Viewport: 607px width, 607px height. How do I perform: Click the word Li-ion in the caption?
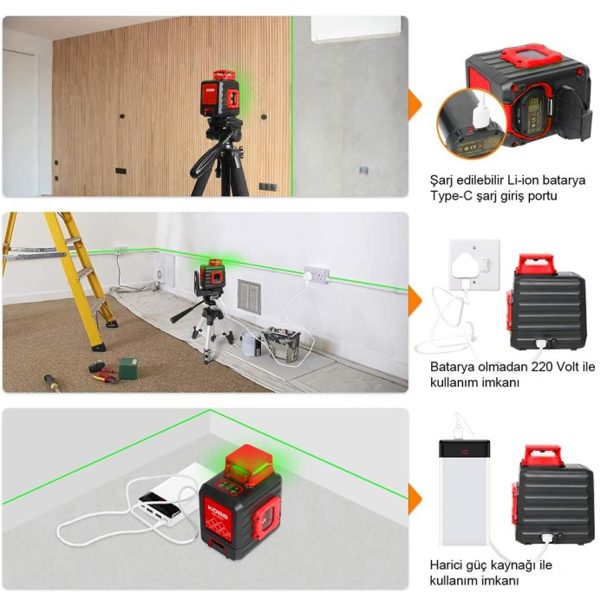pyautogui.click(x=522, y=180)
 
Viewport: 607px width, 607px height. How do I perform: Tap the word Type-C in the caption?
pyautogui.click(x=451, y=196)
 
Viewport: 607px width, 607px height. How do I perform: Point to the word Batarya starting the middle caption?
pyautogui.click(x=450, y=367)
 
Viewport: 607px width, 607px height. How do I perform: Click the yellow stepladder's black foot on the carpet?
pyautogui.click(x=99, y=347)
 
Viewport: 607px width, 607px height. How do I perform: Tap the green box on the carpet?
pyautogui.click(x=128, y=369)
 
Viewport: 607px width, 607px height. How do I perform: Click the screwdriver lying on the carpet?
pyautogui.click(x=51, y=382)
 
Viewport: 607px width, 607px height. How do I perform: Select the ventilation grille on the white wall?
pyautogui.click(x=249, y=297)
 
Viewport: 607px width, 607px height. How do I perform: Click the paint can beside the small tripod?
pyautogui.click(x=251, y=344)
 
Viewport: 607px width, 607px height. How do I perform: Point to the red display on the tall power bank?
pyautogui.click(x=465, y=452)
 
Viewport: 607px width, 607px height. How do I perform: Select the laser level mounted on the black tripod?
pyautogui.click(x=219, y=94)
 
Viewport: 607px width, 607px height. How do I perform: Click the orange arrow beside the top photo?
pyautogui.click(x=415, y=105)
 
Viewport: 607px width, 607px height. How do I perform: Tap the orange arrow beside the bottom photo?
pyautogui.click(x=415, y=499)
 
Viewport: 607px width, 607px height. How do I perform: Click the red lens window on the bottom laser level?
pyautogui.click(x=268, y=519)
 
